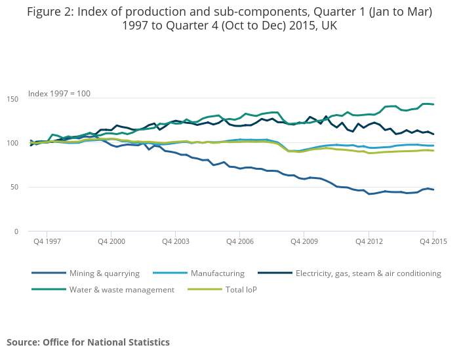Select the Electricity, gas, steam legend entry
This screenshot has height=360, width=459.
click(368, 273)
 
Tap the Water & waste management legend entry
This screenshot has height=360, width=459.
click(122, 289)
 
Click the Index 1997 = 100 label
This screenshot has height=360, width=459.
click(59, 93)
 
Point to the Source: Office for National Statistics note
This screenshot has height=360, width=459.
click(88, 342)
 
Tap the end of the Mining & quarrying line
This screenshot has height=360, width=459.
click(433, 190)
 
